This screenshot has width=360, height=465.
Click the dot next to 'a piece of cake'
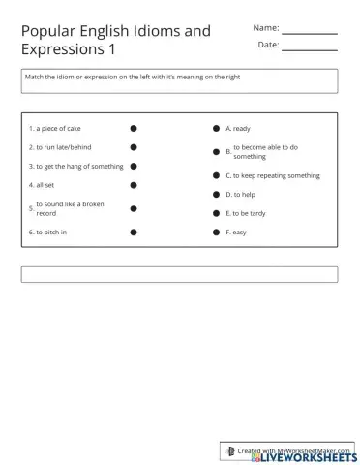click(134, 128)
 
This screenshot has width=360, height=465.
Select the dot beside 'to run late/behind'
click(134, 147)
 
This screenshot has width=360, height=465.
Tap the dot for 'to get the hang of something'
click(134, 166)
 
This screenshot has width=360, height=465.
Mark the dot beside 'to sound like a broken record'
click(134, 208)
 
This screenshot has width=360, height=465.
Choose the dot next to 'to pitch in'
click(134, 232)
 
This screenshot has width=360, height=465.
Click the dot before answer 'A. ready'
click(216, 128)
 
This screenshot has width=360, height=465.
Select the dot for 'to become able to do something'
click(216, 151)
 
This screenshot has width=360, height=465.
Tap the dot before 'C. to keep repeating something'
click(216, 175)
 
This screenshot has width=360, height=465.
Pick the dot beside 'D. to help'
click(216, 195)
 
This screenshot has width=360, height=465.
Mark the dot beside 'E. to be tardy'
click(216, 213)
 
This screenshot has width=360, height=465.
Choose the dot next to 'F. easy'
click(216, 232)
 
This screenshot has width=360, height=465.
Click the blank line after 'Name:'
click(309, 32)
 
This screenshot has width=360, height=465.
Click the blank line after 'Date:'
click(309, 49)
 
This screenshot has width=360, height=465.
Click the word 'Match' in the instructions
click(36, 77)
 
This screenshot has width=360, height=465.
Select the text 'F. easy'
click(236, 232)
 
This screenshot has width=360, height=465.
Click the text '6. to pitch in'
click(48, 232)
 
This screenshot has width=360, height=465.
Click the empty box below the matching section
click(179, 274)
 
